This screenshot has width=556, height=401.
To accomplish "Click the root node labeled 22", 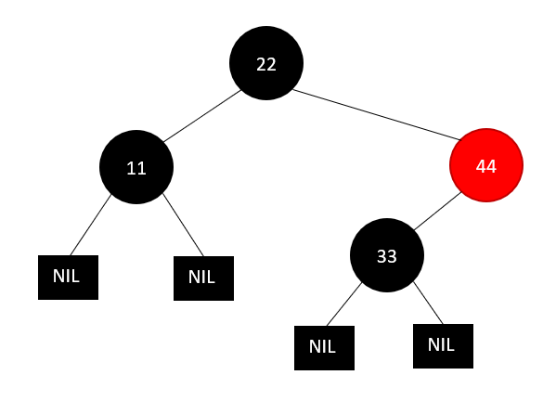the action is point(266,63).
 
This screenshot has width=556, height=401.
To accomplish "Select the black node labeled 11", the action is point(136,167).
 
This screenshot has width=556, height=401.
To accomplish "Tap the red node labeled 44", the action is point(486,165).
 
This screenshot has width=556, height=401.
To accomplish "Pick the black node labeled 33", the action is point(387,255).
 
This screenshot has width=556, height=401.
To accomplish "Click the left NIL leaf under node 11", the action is point(68,278).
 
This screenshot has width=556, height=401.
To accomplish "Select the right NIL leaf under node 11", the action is point(203,278).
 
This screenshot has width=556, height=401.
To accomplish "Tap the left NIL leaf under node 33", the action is point(324,348).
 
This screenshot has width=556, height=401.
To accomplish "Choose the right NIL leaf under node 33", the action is point(443,346).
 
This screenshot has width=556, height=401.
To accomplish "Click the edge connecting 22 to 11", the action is point(202,116).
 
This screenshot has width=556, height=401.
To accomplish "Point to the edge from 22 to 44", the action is point(377,115).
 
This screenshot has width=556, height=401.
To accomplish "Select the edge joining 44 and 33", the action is point(437,211).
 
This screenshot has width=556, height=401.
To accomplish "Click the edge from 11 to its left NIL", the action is point(91,225).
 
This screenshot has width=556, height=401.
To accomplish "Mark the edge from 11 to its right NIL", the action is point(183,225).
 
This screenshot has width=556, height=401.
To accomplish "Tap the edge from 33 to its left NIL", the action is point(344,304).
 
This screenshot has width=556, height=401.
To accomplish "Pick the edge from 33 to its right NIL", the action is point(428,303).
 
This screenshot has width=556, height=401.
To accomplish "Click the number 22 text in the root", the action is point(266,65).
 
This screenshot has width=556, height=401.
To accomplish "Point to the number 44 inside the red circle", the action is point(486,166).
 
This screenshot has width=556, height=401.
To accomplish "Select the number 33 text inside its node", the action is point(387,256).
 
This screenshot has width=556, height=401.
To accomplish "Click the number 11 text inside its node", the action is point(136,168).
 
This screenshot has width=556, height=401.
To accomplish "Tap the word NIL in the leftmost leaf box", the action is point(66,276).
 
